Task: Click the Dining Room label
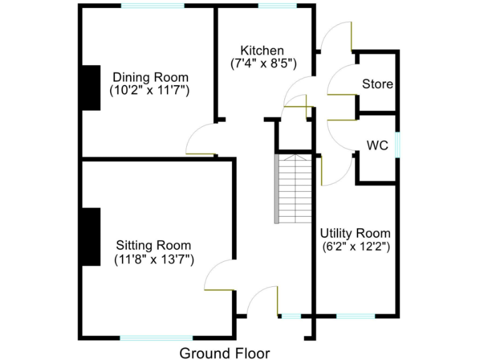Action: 150,77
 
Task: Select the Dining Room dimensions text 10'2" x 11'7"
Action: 150,90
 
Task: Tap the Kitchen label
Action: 262,50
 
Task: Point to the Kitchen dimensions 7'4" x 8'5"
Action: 262,63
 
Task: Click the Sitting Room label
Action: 154,245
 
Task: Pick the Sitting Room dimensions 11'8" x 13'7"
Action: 154,258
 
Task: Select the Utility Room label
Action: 356,233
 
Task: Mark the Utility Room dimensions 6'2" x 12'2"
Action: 356,246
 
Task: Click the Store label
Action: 377,84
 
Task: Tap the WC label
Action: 377,146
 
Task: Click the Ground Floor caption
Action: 224,353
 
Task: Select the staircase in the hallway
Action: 294,189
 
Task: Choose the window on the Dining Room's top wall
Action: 152,6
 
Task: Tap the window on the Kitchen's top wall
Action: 277,6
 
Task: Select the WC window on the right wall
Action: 397,145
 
